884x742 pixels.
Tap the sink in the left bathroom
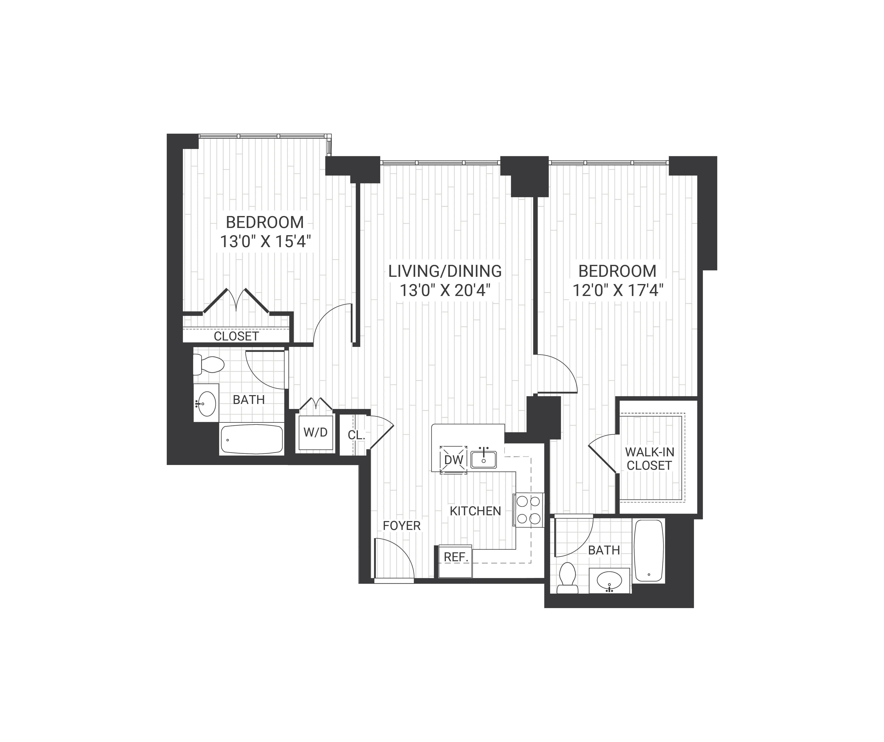coord(206,403)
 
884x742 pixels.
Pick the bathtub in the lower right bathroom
coord(649,550)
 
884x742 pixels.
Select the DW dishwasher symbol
coord(453,460)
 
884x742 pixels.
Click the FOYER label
coord(402,526)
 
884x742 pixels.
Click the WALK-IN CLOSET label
coord(649,459)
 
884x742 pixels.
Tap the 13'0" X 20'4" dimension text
coord(445,291)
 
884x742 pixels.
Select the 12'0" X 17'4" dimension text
coord(618,291)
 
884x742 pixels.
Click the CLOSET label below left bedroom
coord(236,336)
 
